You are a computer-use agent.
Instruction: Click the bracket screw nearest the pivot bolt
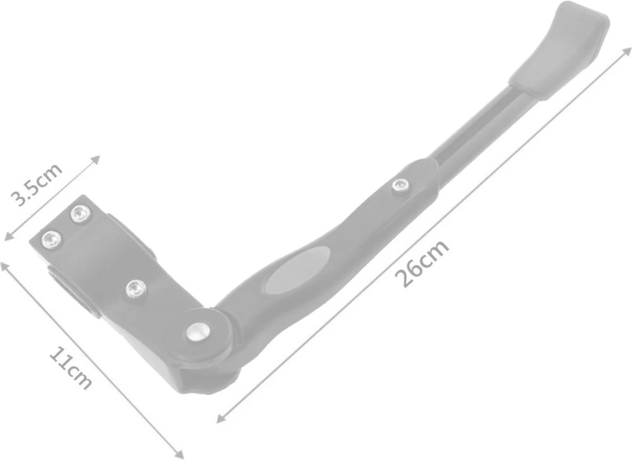point(136,288)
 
